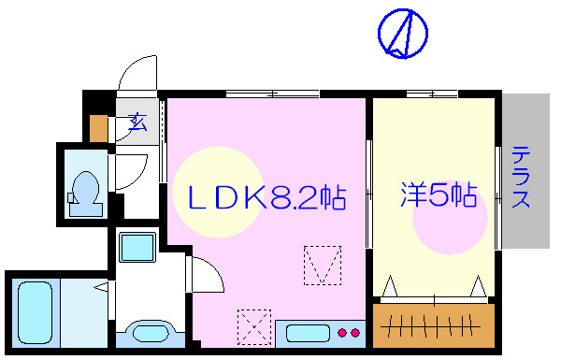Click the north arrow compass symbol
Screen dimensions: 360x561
coord(403,34)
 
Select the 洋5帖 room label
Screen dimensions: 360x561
coord(439,196)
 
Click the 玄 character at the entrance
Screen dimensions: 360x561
coord(137,121)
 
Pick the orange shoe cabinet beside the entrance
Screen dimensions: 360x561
coord(98,126)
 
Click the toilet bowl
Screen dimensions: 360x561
coord(85,190)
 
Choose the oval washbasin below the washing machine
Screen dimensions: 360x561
coord(147,333)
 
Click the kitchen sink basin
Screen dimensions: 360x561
coord(308,333)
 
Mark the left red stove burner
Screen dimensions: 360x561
coord(342,332)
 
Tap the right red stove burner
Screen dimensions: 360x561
coord(354,332)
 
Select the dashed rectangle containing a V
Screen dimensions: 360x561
coord(323,265)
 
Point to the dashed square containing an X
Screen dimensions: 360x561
coord(254,327)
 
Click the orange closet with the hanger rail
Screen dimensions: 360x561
coord(432,324)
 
